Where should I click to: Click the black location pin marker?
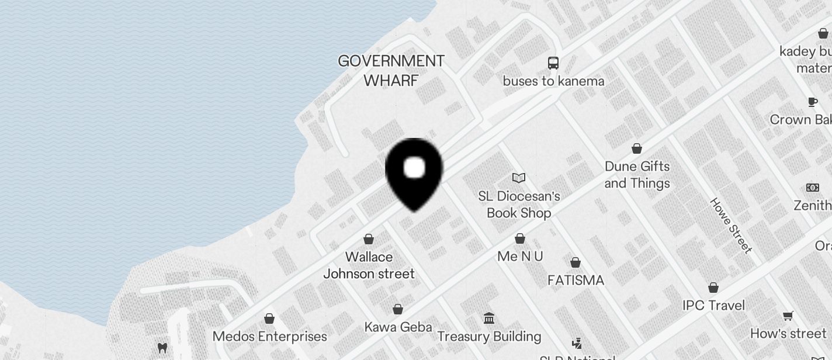pos(414,172)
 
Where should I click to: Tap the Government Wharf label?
pos(391,70)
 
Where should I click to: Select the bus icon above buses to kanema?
pos(553,63)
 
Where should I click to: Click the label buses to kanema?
pos(553,81)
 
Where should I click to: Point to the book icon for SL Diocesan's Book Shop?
pos(519,178)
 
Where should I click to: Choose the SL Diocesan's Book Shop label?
pos(519,205)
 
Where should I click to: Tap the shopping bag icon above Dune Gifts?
pos(637,148)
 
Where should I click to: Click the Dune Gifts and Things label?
pos(637,175)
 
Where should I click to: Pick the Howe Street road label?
pos(730,225)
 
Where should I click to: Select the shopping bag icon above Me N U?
pos(520,238)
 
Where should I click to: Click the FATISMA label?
pos(576,281)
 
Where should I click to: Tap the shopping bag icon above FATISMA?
pos(576,262)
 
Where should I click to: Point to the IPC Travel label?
pos(713,305)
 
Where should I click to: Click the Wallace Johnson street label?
pos(369,265)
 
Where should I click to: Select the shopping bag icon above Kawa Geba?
pos(398,309)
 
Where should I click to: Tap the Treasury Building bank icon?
pos(489,319)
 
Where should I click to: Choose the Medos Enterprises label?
pos(269,337)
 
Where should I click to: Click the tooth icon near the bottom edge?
pos(162,348)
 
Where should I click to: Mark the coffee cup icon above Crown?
pos(812,102)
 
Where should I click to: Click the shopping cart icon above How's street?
pos(788,316)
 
